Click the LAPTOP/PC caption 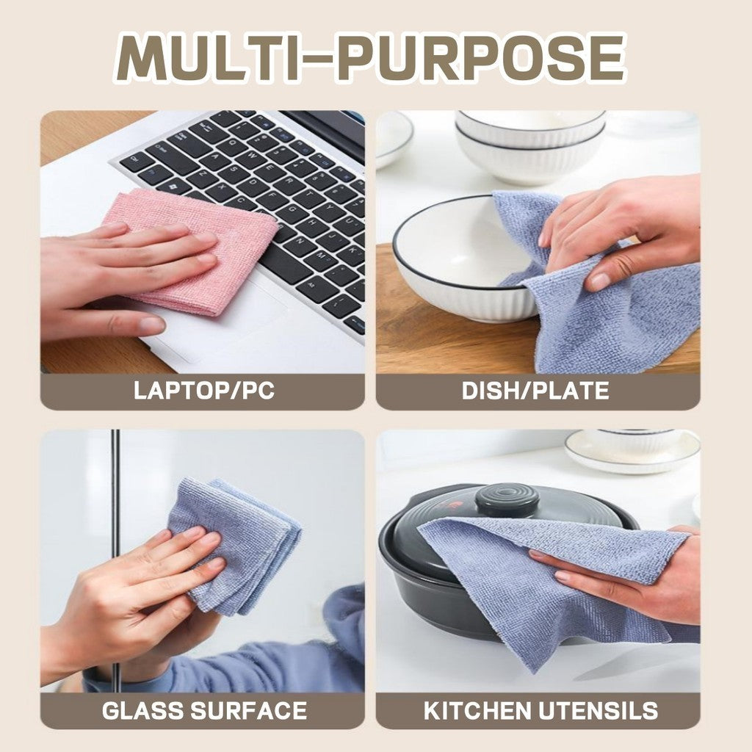203,391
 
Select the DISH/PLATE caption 535,391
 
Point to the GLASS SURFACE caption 203,710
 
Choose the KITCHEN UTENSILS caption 540,710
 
